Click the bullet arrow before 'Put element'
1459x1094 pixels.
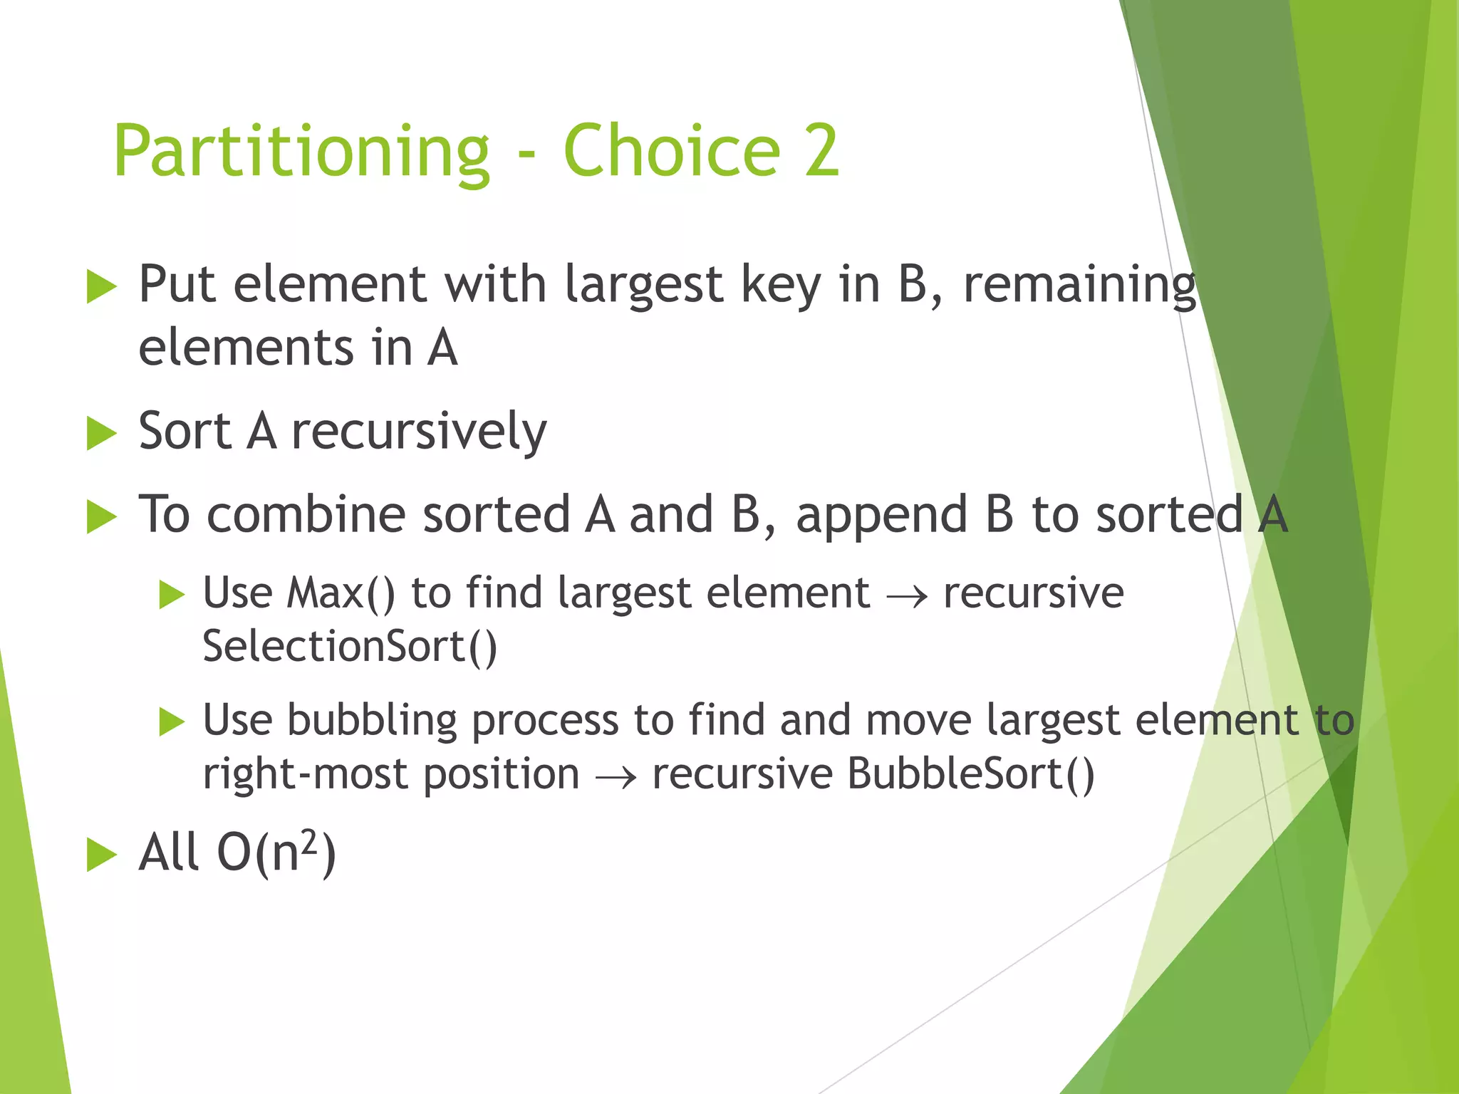(x=101, y=287)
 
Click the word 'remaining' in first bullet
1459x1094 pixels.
(x=1079, y=285)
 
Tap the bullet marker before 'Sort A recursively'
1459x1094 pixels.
(x=101, y=433)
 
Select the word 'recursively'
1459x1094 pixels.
(x=419, y=432)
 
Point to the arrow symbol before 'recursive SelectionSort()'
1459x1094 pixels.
(x=907, y=595)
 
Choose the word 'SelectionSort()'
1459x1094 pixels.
(x=349, y=647)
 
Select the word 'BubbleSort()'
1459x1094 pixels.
(x=970, y=774)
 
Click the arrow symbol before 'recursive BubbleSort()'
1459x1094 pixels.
(x=616, y=777)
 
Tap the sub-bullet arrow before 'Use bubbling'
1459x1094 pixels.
(x=172, y=721)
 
